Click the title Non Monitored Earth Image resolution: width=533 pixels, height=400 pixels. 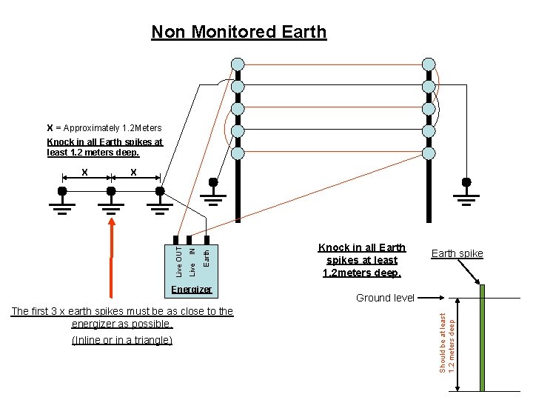coord(238,32)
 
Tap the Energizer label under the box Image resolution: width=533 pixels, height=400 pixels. coord(191,290)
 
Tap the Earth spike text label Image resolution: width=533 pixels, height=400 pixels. coord(457,253)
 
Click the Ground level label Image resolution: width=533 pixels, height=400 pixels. coord(385,298)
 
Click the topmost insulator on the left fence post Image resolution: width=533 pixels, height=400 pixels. coord(237,64)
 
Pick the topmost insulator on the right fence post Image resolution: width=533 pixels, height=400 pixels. coord(429,64)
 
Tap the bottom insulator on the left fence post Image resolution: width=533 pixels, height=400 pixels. coord(237,153)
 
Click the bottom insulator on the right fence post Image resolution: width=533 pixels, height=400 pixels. coord(429,153)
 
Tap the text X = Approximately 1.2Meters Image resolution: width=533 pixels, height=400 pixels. coord(104,128)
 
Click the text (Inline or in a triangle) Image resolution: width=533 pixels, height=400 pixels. coord(121,340)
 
